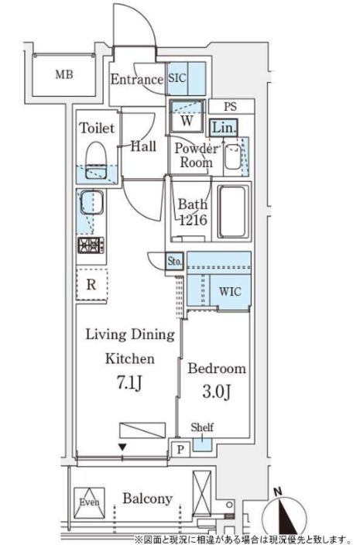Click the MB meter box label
pyautogui.click(x=64, y=74)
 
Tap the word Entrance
pyautogui.click(x=137, y=79)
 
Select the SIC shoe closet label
pyautogui.click(x=177, y=78)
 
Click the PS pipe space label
pyautogui.click(x=231, y=106)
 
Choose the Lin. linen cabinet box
pyautogui.click(x=224, y=128)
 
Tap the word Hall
pyautogui.click(x=143, y=146)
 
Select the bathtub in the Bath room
pyautogui.click(x=234, y=211)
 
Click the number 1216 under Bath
pyautogui.click(x=194, y=220)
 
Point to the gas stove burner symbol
pyautogui.click(x=91, y=245)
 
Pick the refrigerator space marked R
pyautogui.click(x=91, y=284)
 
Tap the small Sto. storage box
pyautogui.click(x=174, y=261)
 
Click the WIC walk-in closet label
pyautogui.click(x=230, y=291)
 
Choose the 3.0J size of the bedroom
pyautogui.click(x=217, y=392)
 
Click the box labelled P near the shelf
pyautogui.click(x=180, y=449)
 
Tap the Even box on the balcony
pyautogui.click(x=89, y=502)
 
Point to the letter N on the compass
pyautogui.click(x=277, y=492)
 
